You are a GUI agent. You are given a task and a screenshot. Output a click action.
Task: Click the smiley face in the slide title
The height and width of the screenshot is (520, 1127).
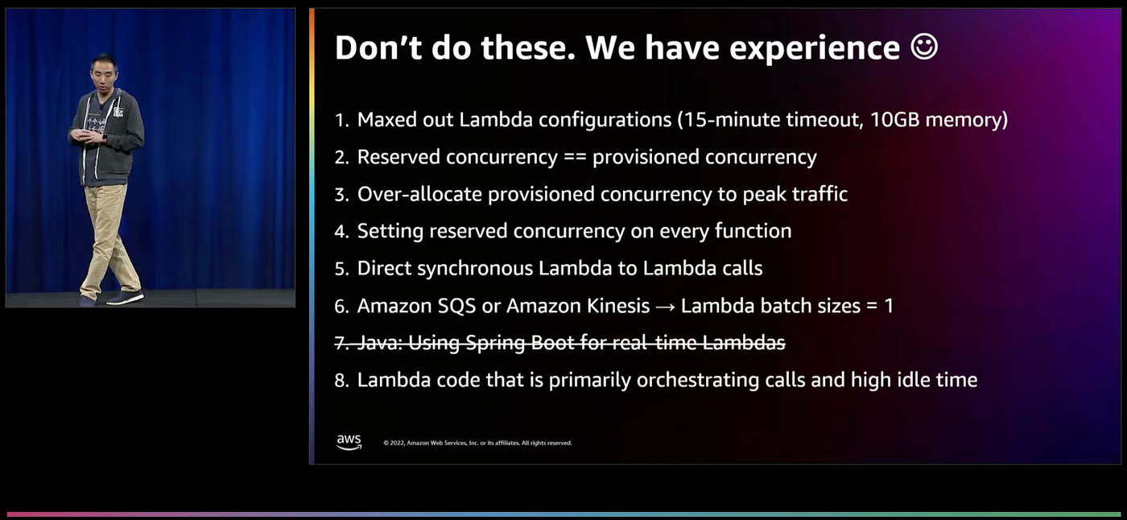[924, 47]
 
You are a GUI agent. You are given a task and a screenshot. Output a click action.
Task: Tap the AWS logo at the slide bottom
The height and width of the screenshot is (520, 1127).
[349, 442]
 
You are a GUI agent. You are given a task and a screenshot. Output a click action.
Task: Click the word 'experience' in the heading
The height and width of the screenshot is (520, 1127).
[815, 48]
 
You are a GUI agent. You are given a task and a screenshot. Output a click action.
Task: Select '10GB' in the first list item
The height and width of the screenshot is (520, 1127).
[894, 120]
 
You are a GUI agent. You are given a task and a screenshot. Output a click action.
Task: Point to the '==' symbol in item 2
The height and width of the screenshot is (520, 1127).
[575, 158]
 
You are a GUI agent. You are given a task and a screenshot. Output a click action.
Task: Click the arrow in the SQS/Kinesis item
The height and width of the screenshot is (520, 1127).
[665, 306]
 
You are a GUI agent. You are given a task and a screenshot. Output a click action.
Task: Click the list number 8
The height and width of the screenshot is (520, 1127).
[341, 380]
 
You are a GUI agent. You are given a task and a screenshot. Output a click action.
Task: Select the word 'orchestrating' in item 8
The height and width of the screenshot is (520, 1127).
[697, 380]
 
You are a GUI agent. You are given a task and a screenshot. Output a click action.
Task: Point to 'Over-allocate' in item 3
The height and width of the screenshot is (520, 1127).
[419, 194]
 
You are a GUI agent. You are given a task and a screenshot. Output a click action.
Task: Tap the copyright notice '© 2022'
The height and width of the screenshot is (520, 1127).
[394, 443]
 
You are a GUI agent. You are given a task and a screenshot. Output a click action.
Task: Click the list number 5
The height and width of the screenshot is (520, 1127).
[341, 269]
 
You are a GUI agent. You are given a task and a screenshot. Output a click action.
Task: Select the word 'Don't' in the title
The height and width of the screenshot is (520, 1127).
[378, 47]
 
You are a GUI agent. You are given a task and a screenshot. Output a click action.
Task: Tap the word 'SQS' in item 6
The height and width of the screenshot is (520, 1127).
[456, 305]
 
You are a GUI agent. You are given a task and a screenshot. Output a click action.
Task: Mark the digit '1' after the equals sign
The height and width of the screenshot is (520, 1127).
[889, 306]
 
